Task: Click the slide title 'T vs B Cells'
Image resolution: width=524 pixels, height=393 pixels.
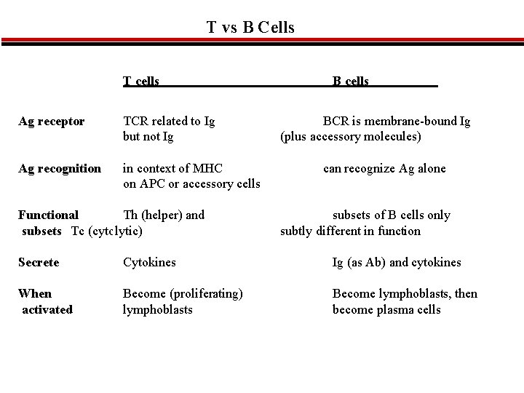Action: tap(250, 28)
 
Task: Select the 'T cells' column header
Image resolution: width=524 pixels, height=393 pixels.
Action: tap(141, 82)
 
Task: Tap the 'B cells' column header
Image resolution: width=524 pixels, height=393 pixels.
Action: tap(351, 82)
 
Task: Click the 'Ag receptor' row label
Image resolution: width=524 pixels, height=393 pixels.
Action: tap(51, 121)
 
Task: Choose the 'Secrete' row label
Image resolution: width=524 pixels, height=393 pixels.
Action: tap(39, 262)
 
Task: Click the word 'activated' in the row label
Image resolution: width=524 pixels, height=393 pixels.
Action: tap(47, 310)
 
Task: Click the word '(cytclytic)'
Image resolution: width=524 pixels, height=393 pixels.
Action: tap(114, 231)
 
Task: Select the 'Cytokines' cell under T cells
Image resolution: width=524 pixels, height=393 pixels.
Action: tap(149, 262)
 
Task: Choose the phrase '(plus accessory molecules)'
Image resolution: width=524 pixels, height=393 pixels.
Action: tap(351, 137)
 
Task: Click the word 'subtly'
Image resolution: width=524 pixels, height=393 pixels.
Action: tap(297, 231)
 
